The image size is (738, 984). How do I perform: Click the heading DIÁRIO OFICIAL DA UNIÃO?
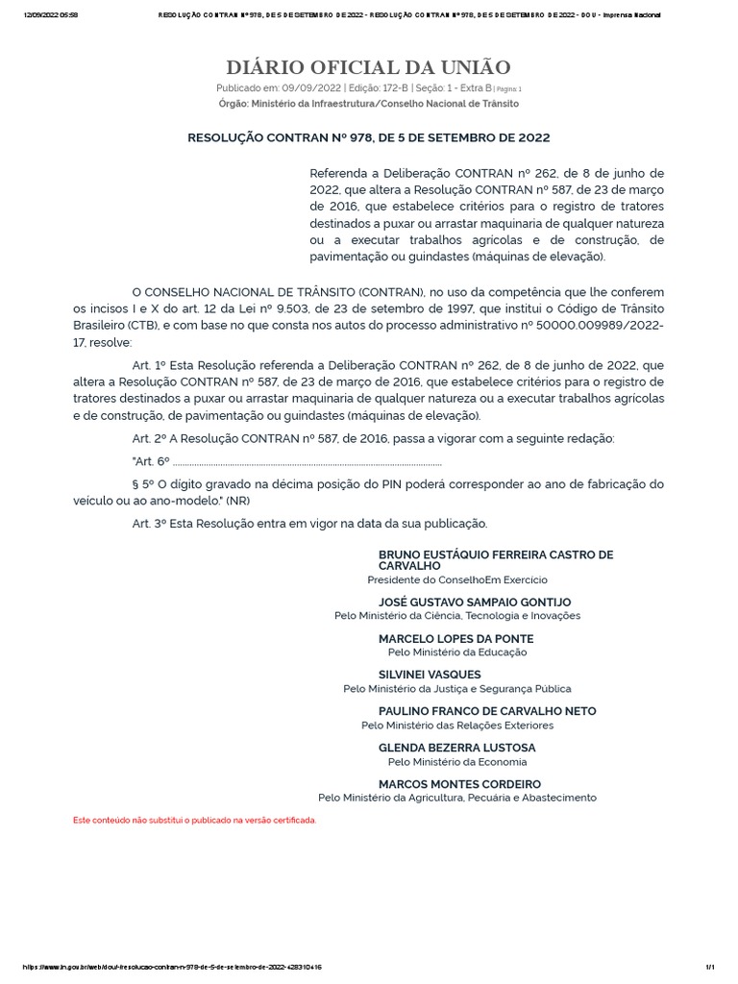click(x=368, y=67)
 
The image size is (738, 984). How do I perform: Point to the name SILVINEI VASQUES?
click(x=430, y=675)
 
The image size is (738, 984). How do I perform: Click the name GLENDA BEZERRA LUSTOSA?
click(x=457, y=748)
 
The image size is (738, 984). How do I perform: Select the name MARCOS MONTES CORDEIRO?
click(x=459, y=784)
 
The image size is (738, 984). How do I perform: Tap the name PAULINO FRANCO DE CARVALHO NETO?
click(x=487, y=711)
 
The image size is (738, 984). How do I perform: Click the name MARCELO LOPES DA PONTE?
click(x=456, y=638)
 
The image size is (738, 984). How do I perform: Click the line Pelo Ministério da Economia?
click(x=456, y=761)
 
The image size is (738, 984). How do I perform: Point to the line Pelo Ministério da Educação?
click(x=456, y=652)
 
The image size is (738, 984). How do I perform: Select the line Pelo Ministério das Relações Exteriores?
click(x=457, y=725)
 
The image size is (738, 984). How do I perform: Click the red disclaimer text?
click(x=195, y=820)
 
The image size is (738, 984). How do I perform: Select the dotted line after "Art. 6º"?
click(x=307, y=462)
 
